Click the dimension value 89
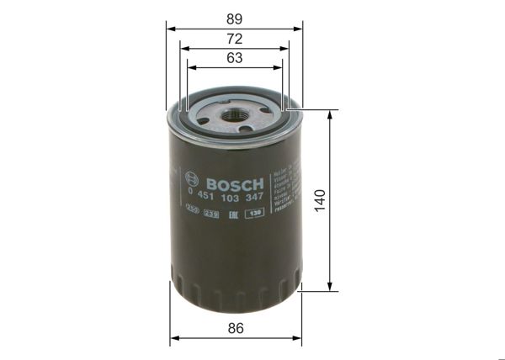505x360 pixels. click(x=235, y=16)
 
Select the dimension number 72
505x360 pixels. click(x=235, y=39)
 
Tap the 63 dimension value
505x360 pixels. click(x=235, y=58)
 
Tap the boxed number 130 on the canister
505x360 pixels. click(x=254, y=213)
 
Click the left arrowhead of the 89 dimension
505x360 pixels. click(x=171, y=28)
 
